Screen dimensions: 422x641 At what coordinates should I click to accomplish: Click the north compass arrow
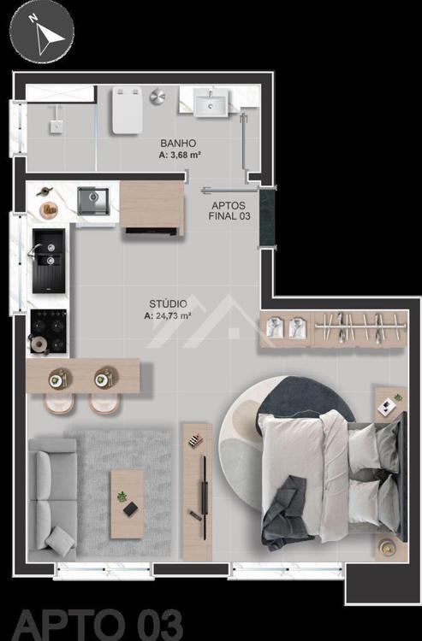(47, 36)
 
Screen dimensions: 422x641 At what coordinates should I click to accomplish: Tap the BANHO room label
(178, 143)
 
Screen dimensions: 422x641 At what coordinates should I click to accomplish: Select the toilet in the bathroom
(128, 109)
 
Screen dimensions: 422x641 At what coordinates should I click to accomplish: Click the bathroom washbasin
(211, 103)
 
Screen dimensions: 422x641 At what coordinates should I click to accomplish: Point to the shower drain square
(56, 126)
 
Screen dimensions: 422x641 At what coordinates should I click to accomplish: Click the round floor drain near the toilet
(158, 97)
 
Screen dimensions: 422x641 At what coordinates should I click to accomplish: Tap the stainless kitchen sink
(93, 201)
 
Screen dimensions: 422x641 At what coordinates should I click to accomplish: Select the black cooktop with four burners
(49, 331)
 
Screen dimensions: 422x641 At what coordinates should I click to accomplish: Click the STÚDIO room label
(169, 303)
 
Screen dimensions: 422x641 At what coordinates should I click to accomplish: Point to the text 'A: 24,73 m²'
(168, 315)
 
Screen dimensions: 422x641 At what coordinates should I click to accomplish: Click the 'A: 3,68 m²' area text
(179, 155)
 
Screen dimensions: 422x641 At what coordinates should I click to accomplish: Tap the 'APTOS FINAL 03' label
(229, 211)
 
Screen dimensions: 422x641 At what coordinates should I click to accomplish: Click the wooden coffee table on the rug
(128, 503)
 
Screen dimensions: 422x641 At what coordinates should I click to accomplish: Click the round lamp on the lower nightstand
(387, 547)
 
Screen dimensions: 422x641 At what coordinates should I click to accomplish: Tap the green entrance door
(267, 218)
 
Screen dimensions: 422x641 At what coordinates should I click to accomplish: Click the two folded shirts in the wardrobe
(284, 328)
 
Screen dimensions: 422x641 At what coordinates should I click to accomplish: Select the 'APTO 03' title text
(98, 625)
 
